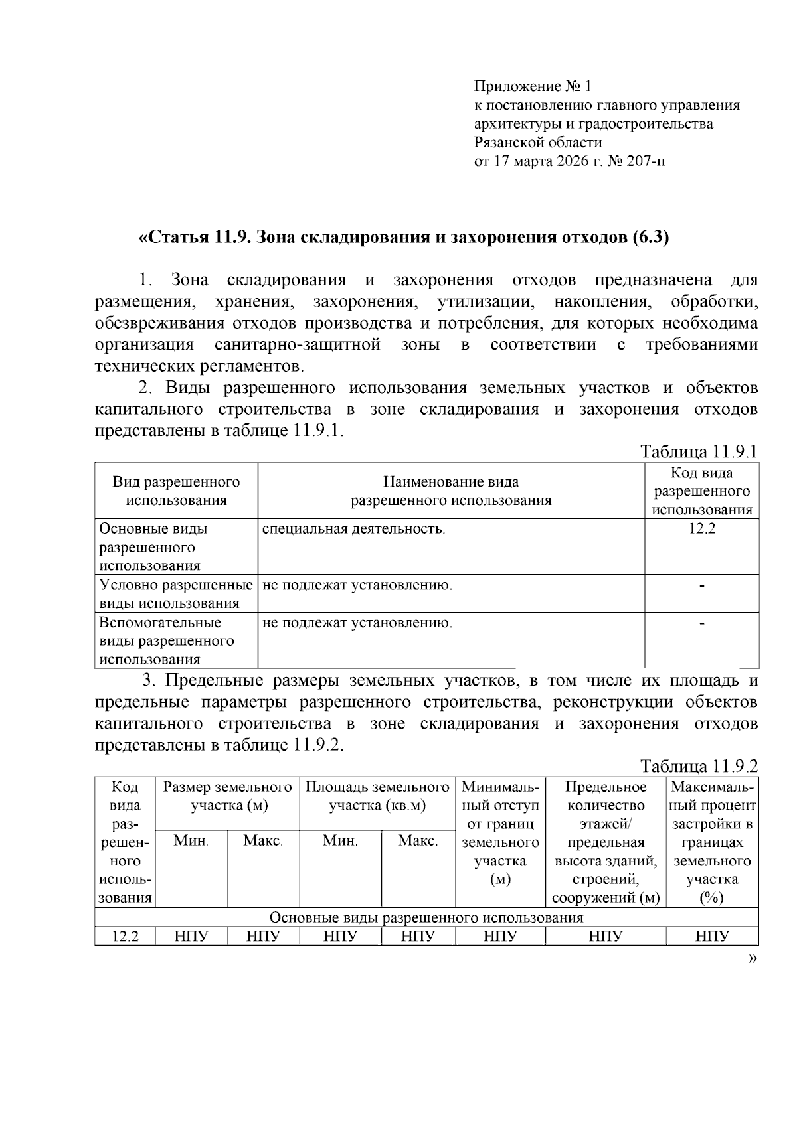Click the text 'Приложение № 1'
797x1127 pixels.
click(x=532, y=86)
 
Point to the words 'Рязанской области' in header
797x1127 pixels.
click(x=538, y=143)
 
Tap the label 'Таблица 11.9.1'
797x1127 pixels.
click(x=699, y=452)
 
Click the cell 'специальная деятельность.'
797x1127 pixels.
click(x=353, y=529)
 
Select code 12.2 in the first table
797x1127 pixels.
click(x=701, y=529)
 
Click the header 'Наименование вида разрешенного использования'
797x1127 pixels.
click(x=451, y=491)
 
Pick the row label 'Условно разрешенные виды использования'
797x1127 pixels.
click(x=176, y=594)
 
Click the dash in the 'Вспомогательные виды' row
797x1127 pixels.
click(x=702, y=623)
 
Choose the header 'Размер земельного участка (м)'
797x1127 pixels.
click(x=227, y=796)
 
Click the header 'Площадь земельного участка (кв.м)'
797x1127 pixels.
click(x=377, y=796)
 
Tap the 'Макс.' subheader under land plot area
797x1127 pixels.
click(x=418, y=841)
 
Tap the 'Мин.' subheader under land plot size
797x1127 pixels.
click(x=191, y=841)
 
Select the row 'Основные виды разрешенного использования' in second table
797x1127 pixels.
click(x=426, y=917)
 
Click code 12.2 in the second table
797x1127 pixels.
click(x=125, y=937)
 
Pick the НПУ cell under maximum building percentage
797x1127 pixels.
click(x=712, y=937)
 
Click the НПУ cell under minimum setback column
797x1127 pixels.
click(x=500, y=937)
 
